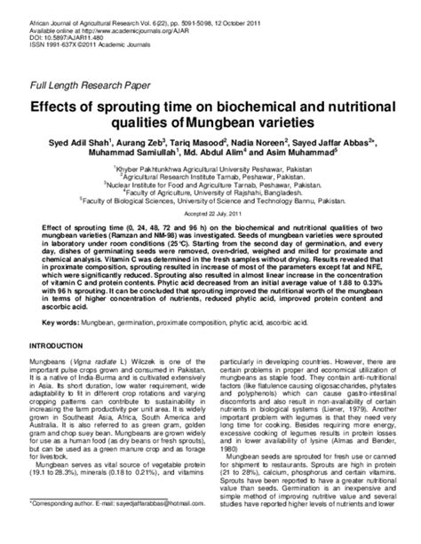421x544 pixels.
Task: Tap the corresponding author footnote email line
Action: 107,527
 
